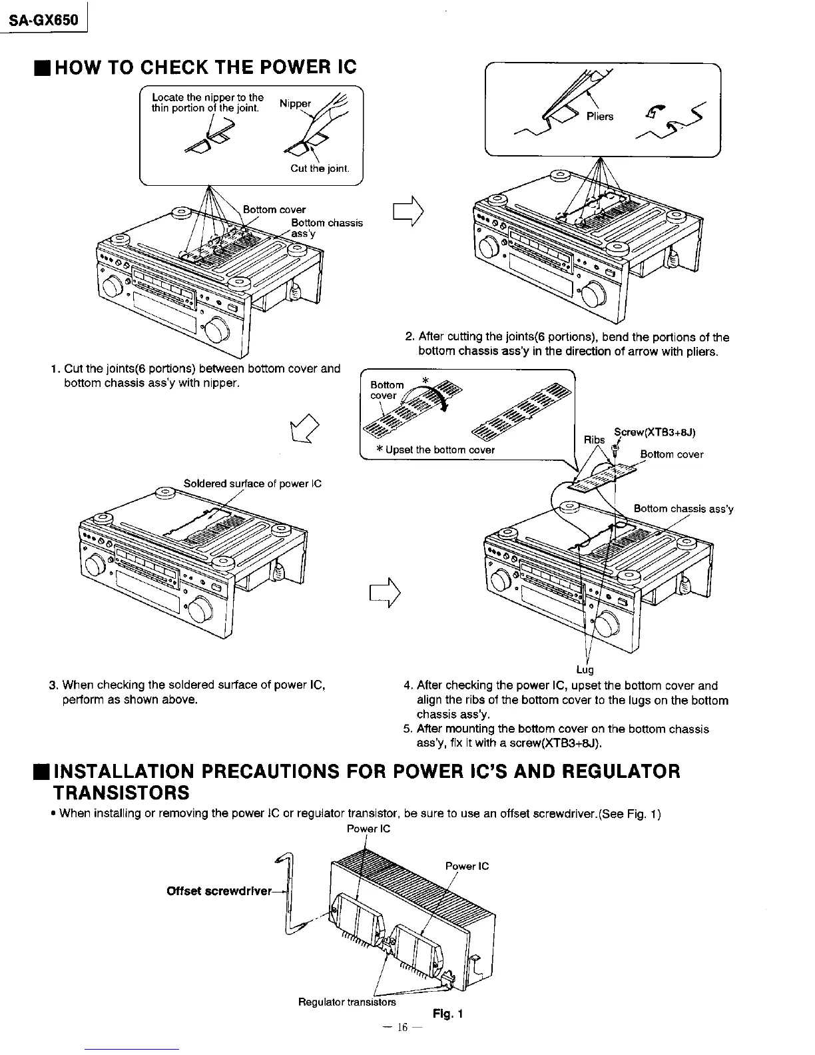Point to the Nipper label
294,104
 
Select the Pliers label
604,117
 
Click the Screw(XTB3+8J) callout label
655,432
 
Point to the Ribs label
594,440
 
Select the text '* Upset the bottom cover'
435,450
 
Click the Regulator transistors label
346,1002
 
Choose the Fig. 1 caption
447,1014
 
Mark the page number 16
401,1028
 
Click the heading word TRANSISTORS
121,793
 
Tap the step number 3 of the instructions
53,685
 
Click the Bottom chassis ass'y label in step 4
683,509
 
